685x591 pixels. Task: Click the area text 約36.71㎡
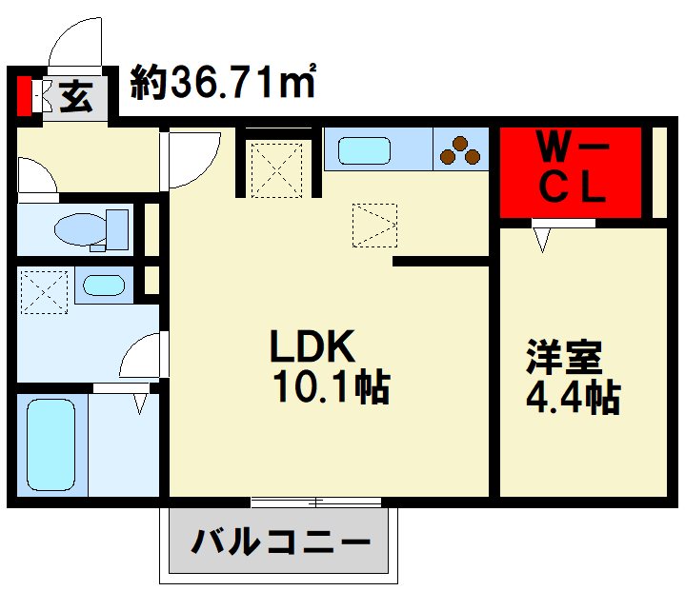225,84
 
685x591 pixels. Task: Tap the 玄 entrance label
75,96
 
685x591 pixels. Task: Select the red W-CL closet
570,171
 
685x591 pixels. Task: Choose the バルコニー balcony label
280,543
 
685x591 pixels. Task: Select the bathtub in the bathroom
51,444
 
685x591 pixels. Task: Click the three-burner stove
462,151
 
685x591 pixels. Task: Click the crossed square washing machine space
45,292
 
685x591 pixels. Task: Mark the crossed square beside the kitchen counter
276,169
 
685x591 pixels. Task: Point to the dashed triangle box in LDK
373,225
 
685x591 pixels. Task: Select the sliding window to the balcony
316,501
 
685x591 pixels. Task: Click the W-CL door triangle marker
542,237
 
